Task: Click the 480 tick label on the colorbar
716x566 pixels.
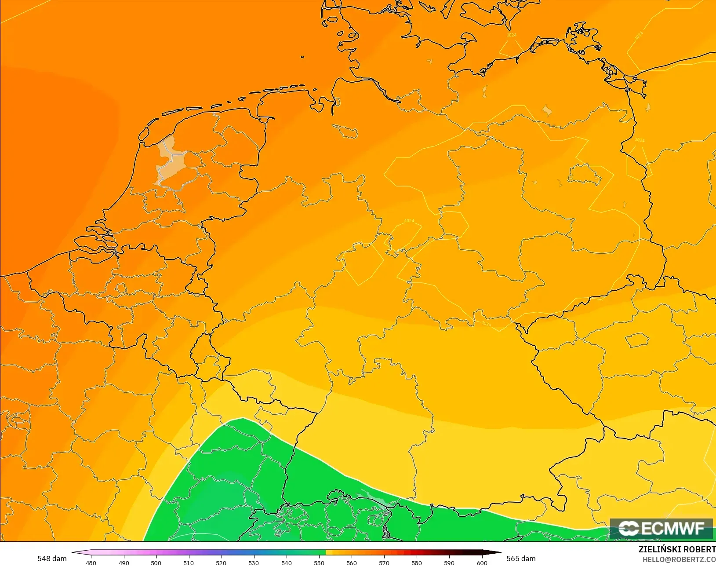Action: point(91,562)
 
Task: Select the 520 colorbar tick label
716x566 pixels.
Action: point(221,562)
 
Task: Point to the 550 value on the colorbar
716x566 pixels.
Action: point(319,562)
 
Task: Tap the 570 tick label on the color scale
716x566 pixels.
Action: point(384,562)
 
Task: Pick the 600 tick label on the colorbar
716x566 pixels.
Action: point(482,562)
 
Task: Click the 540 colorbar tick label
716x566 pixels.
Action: point(287,562)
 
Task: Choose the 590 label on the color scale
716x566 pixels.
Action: point(449,562)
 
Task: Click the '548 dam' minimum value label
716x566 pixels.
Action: point(52,559)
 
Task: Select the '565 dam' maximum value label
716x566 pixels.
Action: point(521,559)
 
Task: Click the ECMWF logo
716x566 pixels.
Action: point(661,528)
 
